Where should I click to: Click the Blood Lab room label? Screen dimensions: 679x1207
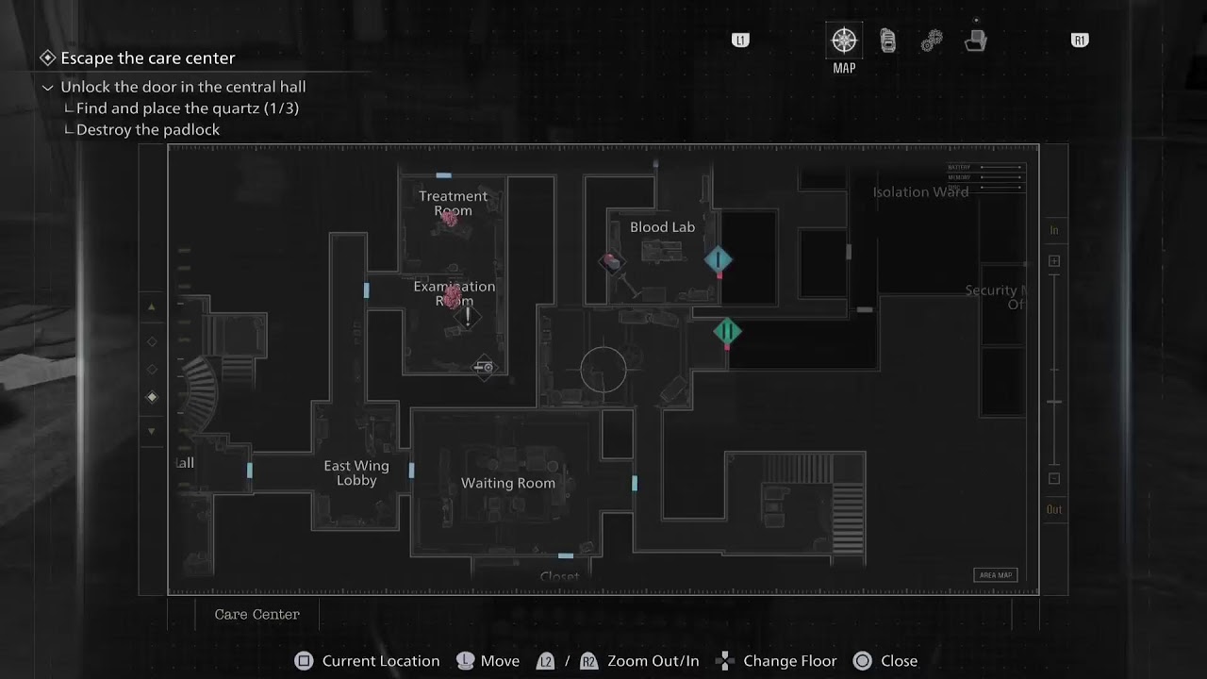662,227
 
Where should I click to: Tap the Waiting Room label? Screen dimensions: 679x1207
507,483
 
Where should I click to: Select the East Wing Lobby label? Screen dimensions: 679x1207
356,472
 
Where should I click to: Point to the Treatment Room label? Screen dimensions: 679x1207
454,203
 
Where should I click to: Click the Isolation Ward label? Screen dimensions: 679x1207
920,192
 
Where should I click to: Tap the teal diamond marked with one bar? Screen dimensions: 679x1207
718,259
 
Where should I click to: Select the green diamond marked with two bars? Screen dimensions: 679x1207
727,331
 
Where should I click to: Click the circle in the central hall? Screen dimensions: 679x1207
603,370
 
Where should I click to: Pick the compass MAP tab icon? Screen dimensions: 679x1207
844,41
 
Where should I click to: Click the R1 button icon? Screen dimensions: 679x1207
1080,41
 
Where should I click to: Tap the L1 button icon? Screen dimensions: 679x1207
740,41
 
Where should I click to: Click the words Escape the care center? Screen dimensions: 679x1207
148,58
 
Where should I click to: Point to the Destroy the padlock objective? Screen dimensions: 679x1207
148,130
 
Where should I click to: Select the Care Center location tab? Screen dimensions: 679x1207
256,614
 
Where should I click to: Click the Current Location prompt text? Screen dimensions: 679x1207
381,661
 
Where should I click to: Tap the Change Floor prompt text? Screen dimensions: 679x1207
789,661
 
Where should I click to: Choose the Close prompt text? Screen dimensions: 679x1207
899,661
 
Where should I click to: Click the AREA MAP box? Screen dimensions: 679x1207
995,575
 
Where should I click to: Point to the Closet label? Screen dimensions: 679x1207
559,576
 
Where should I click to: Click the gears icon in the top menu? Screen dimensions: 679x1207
932,41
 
